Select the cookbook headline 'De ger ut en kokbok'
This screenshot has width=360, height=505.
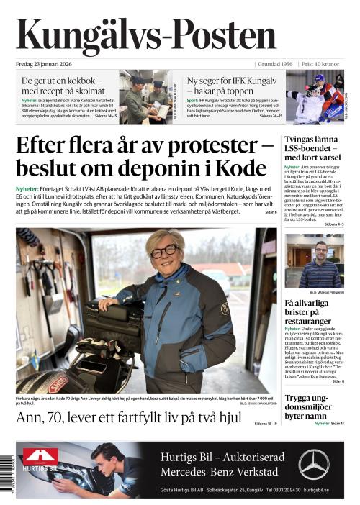tap(61, 81)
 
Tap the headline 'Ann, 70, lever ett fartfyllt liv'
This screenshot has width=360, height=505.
tap(122, 418)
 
